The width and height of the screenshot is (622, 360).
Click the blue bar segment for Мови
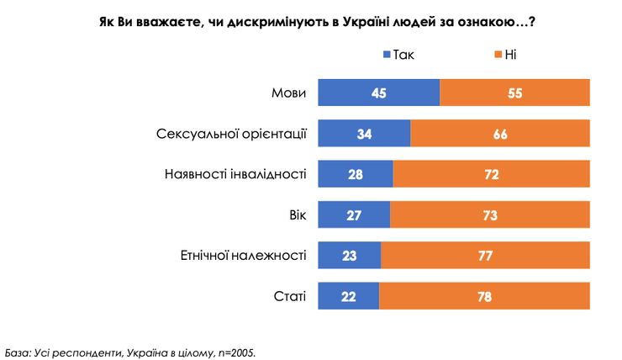pos(378,93)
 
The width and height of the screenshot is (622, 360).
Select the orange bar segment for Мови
pos(514,93)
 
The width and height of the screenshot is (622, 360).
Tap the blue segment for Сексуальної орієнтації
pos(364,134)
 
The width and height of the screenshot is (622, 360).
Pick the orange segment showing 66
pos(500,134)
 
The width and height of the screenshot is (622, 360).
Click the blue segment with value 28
pos(356,174)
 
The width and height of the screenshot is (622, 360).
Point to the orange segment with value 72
pos(492,174)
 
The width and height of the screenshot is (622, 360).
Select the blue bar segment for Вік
pos(354,214)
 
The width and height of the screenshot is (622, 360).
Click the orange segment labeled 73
pos(490,214)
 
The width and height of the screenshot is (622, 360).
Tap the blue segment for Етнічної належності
pos(349,256)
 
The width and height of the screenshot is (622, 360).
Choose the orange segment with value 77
pos(485,256)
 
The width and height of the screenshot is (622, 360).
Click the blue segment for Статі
pos(348,296)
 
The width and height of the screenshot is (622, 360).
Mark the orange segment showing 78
pos(484,296)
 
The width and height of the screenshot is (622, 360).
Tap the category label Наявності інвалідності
pos(234,174)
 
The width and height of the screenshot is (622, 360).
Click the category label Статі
pos(290,296)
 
